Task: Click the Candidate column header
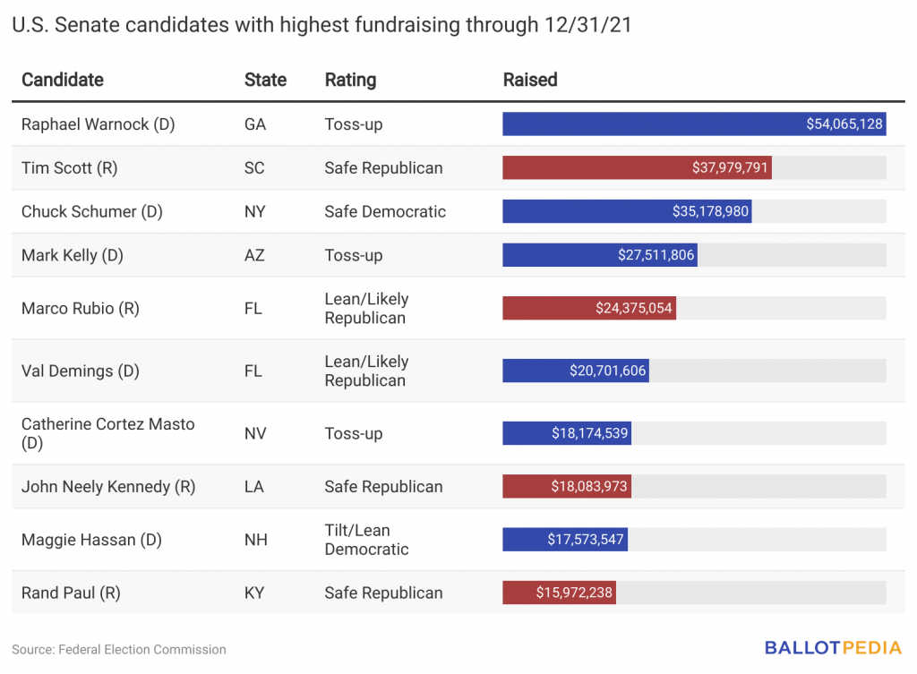coord(63,80)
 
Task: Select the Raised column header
coord(530,80)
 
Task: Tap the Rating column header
coord(350,80)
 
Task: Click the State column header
coord(265,80)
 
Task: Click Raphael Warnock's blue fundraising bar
coord(694,124)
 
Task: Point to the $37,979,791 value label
coord(729,167)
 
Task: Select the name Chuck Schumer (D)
coord(92,211)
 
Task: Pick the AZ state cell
coord(254,255)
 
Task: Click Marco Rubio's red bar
coord(589,308)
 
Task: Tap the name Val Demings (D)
coord(80,371)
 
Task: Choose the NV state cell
coord(255,434)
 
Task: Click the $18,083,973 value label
coord(589,486)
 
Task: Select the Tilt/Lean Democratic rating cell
coord(366,540)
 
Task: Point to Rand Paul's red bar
coord(559,593)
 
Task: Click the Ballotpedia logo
coord(833,648)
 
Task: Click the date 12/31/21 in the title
coord(587,25)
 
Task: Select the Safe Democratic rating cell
coord(385,211)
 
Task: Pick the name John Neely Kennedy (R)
coord(108,487)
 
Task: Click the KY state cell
coord(254,593)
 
